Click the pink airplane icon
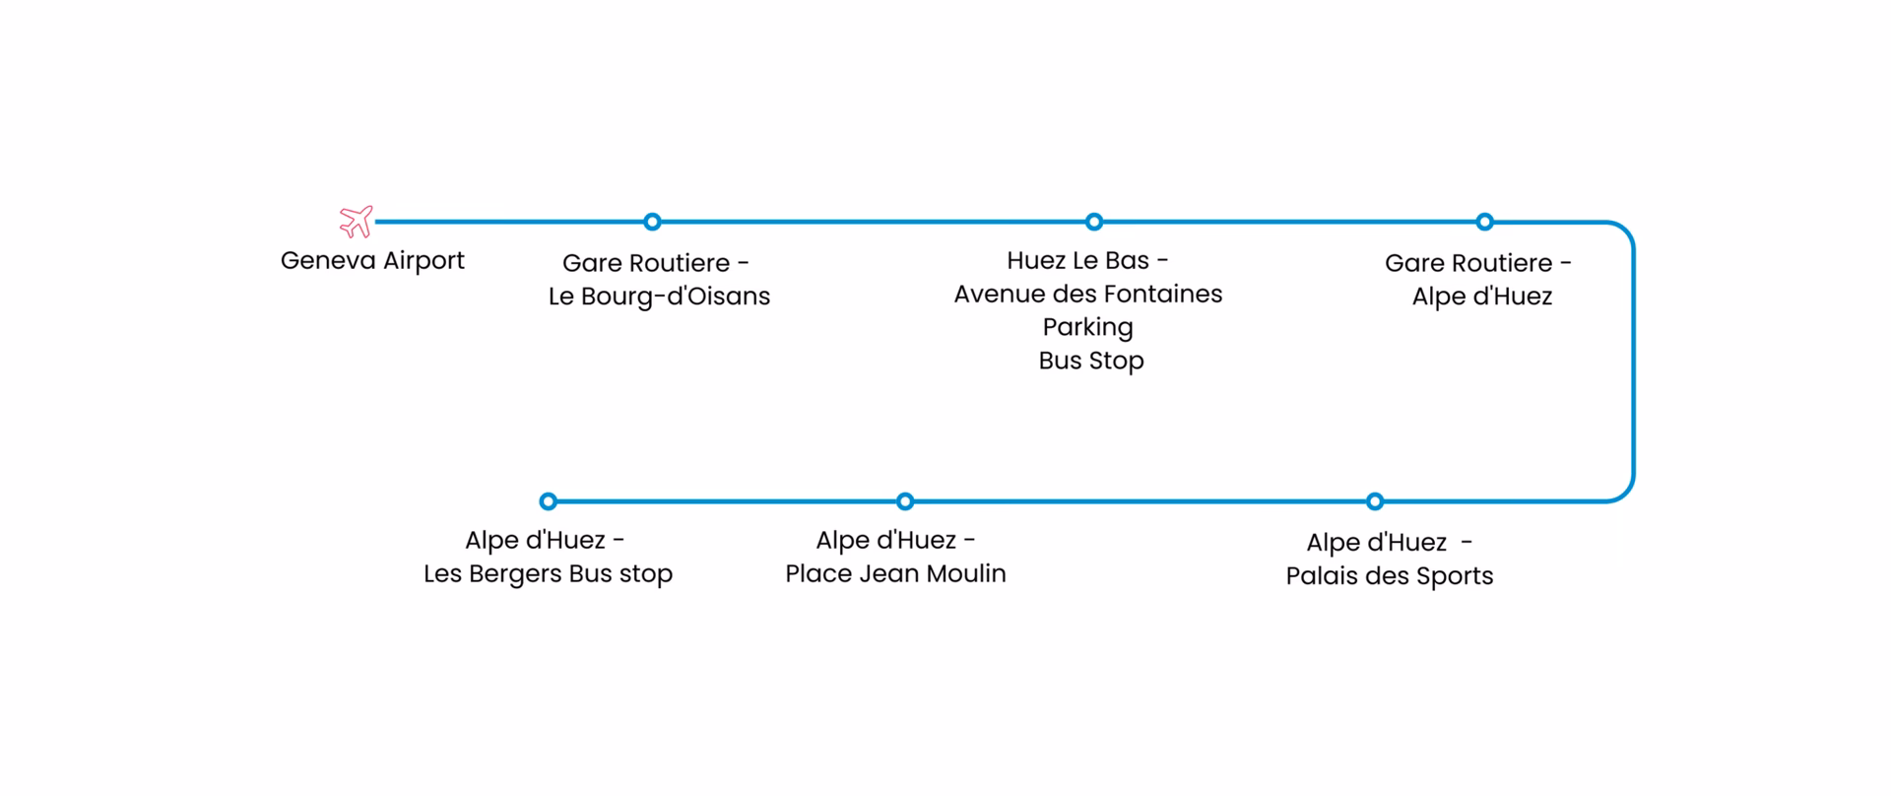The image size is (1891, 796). coord(356,222)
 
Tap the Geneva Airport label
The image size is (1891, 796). coord(372,261)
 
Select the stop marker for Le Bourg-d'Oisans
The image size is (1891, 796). coord(652,222)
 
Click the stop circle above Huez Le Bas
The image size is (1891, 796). coord(1093,222)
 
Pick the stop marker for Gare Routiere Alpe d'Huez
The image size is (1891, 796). coord(1484,222)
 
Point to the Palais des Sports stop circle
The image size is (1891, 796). coord(1375,501)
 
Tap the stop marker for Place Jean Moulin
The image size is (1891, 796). coord(905,501)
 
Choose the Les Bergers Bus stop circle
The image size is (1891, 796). coord(549,501)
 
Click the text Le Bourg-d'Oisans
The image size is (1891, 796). coord(659,297)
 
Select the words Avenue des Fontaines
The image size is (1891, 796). coord(1087,294)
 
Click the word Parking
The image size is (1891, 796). coord(1087,327)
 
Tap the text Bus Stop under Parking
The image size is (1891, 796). coord(1090,361)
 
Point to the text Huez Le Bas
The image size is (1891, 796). coord(1077,261)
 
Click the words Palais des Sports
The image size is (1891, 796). coord(1389,576)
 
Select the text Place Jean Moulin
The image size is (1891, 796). coord(895,573)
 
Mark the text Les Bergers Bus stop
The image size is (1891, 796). coord(548,573)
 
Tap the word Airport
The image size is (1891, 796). coord(424,262)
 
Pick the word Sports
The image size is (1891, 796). coord(1454,577)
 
